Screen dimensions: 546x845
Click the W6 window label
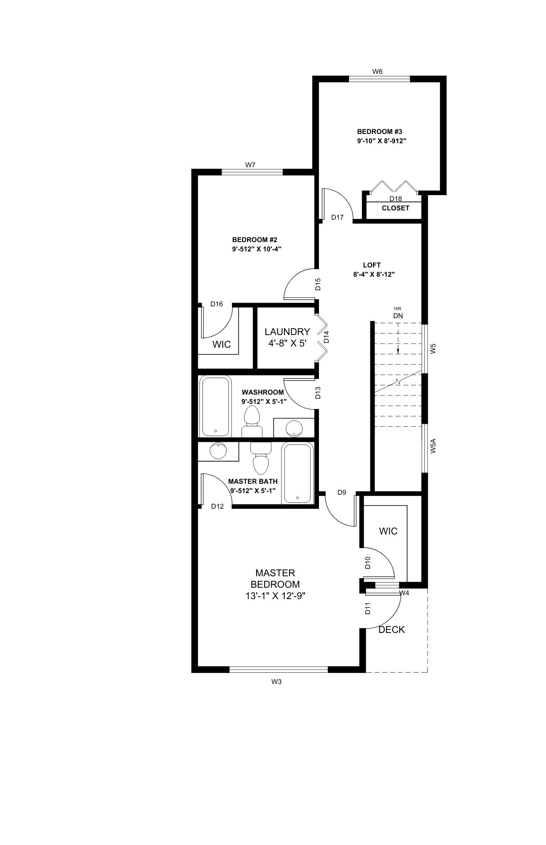pos(377,72)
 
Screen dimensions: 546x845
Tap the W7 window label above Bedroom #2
pos(250,165)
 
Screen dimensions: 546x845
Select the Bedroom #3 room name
pos(377,131)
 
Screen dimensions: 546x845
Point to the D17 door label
pos(338,218)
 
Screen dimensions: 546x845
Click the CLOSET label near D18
pos(395,208)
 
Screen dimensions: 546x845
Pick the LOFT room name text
pos(372,265)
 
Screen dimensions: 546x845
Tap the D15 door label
pos(319,283)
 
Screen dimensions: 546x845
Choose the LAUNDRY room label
pos(287,332)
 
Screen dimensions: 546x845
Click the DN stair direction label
pos(398,316)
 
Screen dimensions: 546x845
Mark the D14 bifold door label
pos(326,337)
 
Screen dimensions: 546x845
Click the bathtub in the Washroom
pos(216,406)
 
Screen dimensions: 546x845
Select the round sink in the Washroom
pos(294,428)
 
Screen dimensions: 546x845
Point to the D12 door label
pos(217,506)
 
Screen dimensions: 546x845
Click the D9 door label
pos(342,492)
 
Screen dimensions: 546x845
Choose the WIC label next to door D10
pos(388,531)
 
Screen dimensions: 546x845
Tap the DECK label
pos(392,630)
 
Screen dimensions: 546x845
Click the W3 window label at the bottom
pos(276,681)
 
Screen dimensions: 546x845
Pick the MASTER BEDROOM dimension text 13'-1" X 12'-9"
pos(275,596)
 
